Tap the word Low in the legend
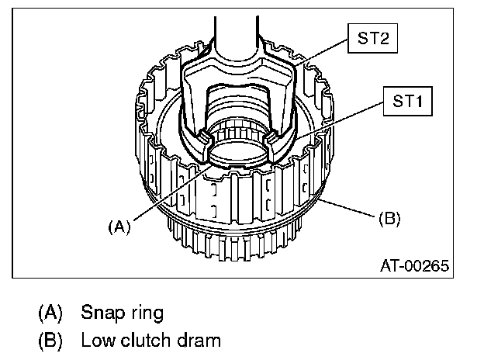96,340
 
